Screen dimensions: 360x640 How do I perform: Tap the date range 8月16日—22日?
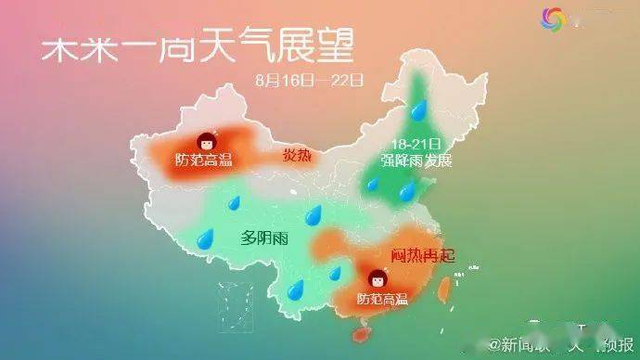pyautogui.click(x=308, y=80)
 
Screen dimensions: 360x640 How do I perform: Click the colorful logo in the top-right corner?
pyautogui.click(x=553, y=18)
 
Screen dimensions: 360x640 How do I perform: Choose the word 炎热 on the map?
pyautogui.click(x=297, y=155)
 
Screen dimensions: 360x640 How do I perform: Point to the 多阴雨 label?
pyautogui.click(x=264, y=237)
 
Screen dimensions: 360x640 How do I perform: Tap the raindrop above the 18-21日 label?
pyautogui.click(x=419, y=112)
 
